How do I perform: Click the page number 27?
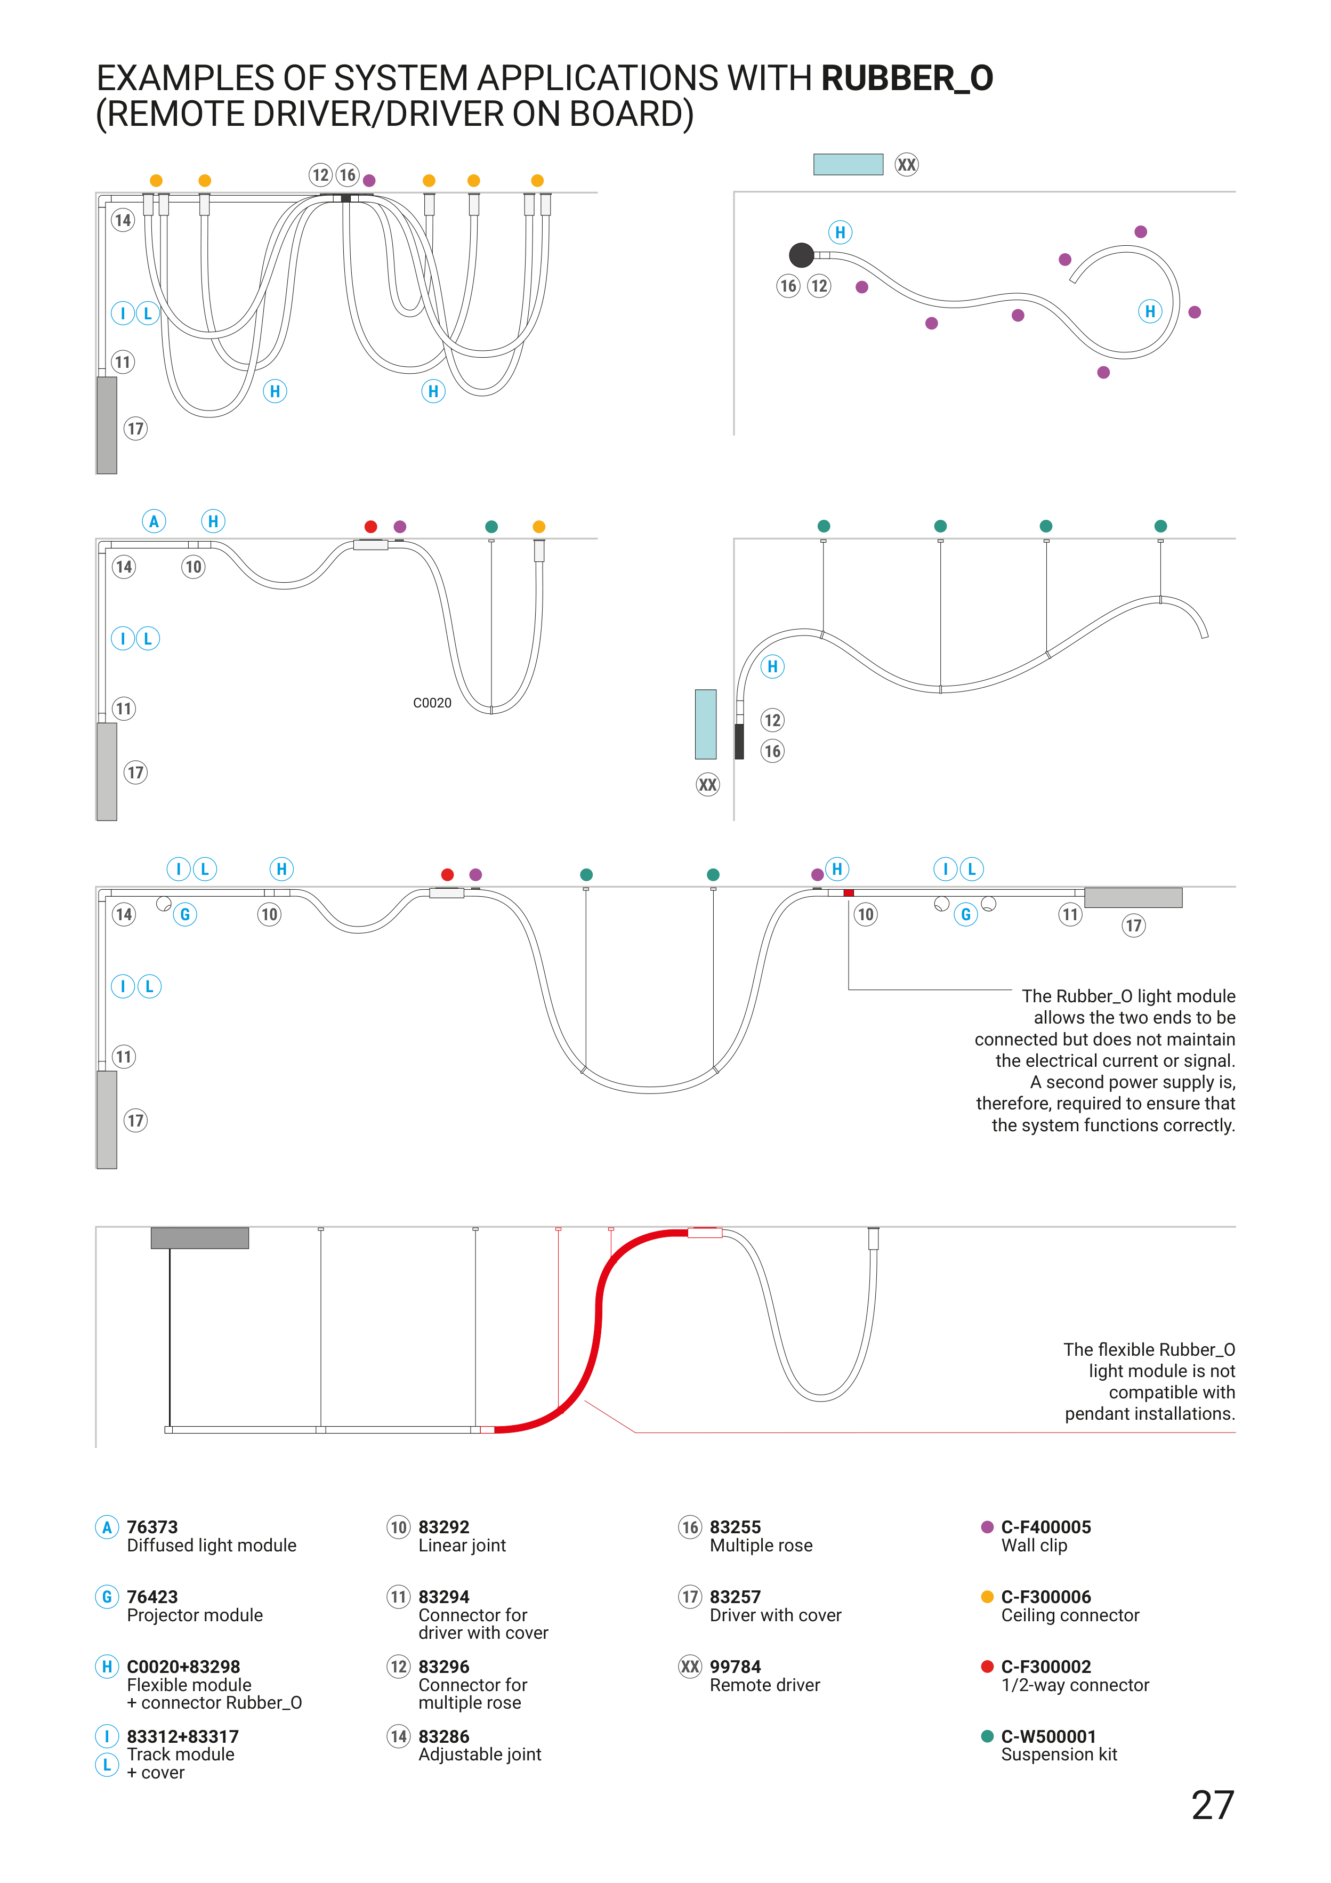pyautogui.click(x=1212, y=1805)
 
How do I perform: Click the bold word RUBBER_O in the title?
pyautogui.click(x=907, y=79)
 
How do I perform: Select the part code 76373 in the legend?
pyautogui.click(x=152, y=1527)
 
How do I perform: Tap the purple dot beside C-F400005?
pyautogui.click(x=987, y=1527)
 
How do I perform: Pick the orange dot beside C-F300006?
pyautogui.click(x=987, y=1597)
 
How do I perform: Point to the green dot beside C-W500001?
pyautogui.click(x=987, y=1736)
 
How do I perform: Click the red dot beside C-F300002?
pyautogui.click(x=987, y=1667)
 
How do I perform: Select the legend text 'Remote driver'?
pyautogui.click(x=764, y=1685)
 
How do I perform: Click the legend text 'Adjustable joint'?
pyautogui.click(x=480, y=1755)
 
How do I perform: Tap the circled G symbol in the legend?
pyautogui.click(x=107, y=1597)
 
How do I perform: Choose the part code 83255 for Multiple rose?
pyautogui.click(x=735, y=1527)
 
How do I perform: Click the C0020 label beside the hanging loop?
pyautogui.click(x=432, y=703)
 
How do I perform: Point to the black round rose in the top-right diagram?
pyautogui.click(x=801, y=255)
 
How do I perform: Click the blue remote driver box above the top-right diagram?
pyautogui.click(x=848, y=164)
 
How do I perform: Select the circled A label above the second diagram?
pyautogui.click(x=154, y=521)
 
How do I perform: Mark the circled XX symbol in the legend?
pyautogui.click(x=690, y=1667)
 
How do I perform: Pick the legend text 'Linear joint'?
pyautogui.click(x=462, y=1546)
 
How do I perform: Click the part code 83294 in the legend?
pyautogui.click(x=443, y=1597)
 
